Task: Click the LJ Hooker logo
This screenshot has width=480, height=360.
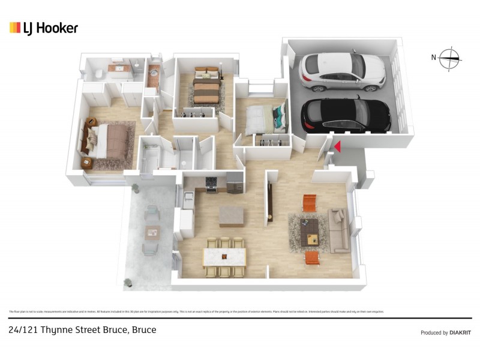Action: tap(43, 28)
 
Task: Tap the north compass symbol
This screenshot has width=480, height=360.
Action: tap(449, 58)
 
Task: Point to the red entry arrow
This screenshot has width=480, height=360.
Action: tap(337, 146)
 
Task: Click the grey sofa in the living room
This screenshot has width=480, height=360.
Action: tap(338, 230)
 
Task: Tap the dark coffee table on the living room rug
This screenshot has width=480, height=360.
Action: tap(310, 231)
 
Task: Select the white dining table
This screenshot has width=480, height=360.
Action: tap(224, 257)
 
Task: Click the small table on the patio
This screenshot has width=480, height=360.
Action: tap(152, 232)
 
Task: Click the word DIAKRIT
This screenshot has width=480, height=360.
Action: tap(461, 332)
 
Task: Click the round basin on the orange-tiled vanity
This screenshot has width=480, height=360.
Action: tap(154, 74)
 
